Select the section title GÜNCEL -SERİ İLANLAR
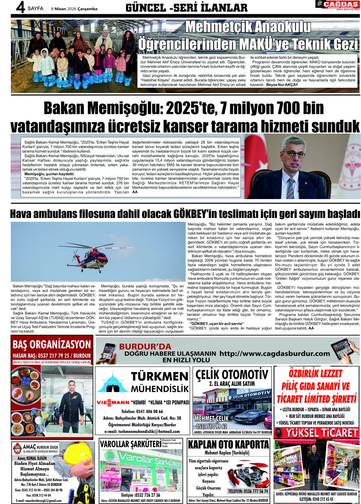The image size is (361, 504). click(187, 8)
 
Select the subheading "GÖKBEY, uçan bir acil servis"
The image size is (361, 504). click(217, 323)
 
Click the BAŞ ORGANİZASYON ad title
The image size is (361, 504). click(52, 345)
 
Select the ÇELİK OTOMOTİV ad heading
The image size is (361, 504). click(232, 374)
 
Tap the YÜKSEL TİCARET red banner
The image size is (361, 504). click(316, 433)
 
